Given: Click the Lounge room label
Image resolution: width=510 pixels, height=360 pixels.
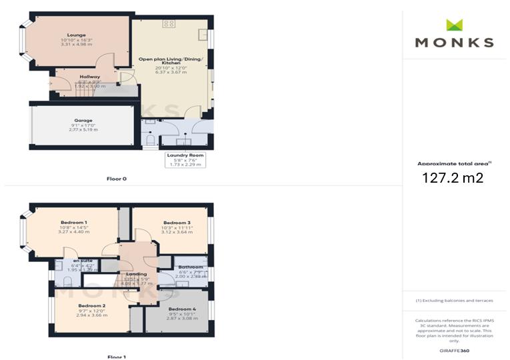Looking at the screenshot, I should coord(75,35).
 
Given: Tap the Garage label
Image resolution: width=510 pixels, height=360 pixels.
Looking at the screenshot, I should coord(83,121).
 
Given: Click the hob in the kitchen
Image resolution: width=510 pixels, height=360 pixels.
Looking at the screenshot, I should coord(169,23).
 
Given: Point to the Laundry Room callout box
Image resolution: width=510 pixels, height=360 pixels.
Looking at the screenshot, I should coord(185,160).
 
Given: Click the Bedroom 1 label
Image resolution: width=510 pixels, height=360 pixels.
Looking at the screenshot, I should coord(74,222).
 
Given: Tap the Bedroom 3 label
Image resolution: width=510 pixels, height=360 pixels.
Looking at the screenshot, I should coord(177,222).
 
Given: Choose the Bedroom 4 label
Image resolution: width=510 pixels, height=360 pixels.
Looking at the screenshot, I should coord(181,309).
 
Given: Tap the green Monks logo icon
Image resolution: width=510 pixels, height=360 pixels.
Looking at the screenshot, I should coord(454,25).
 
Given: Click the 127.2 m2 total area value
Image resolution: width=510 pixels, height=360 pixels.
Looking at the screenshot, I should coord(453,178).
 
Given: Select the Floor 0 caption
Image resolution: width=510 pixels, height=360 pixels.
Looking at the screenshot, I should coord(116,179).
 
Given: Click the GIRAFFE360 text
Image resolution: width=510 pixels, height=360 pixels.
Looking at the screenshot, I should coord(455,350).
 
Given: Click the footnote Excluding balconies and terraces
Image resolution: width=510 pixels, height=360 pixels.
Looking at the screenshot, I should coord(454,301).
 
